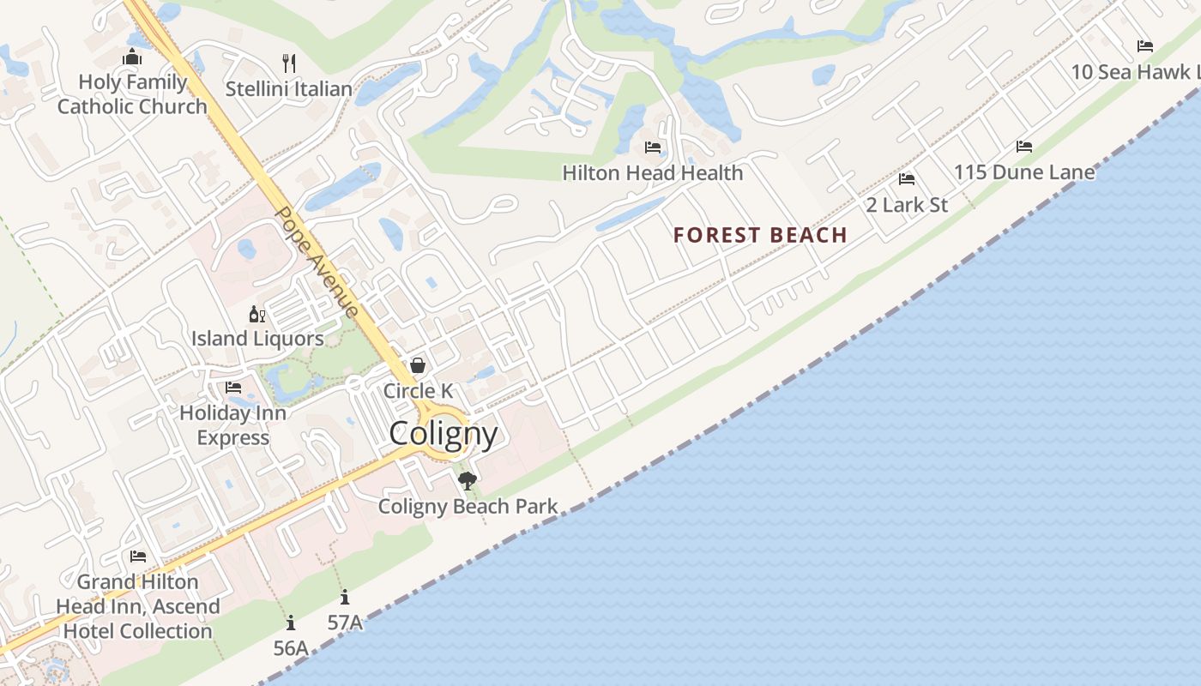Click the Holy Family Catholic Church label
[132, 94]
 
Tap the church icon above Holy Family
[132, 58]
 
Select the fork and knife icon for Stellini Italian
[289, 63]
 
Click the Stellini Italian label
[289, 88]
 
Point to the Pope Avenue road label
[316, 262]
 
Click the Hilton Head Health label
[653, 172]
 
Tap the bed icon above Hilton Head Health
[653, 147]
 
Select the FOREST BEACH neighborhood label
[760, 235]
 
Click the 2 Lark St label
[907, 205]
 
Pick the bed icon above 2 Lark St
[907, 179]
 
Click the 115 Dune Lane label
[1024, 172]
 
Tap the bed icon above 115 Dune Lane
[1024, 147]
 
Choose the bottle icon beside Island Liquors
[256, 315]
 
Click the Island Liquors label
[257, 339]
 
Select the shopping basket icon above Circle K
[418, 365]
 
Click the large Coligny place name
[444, 433]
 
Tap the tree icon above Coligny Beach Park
[468, 480]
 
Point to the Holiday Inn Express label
[232, 425]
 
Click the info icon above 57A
[345, 598]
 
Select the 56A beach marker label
[291, 648]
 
